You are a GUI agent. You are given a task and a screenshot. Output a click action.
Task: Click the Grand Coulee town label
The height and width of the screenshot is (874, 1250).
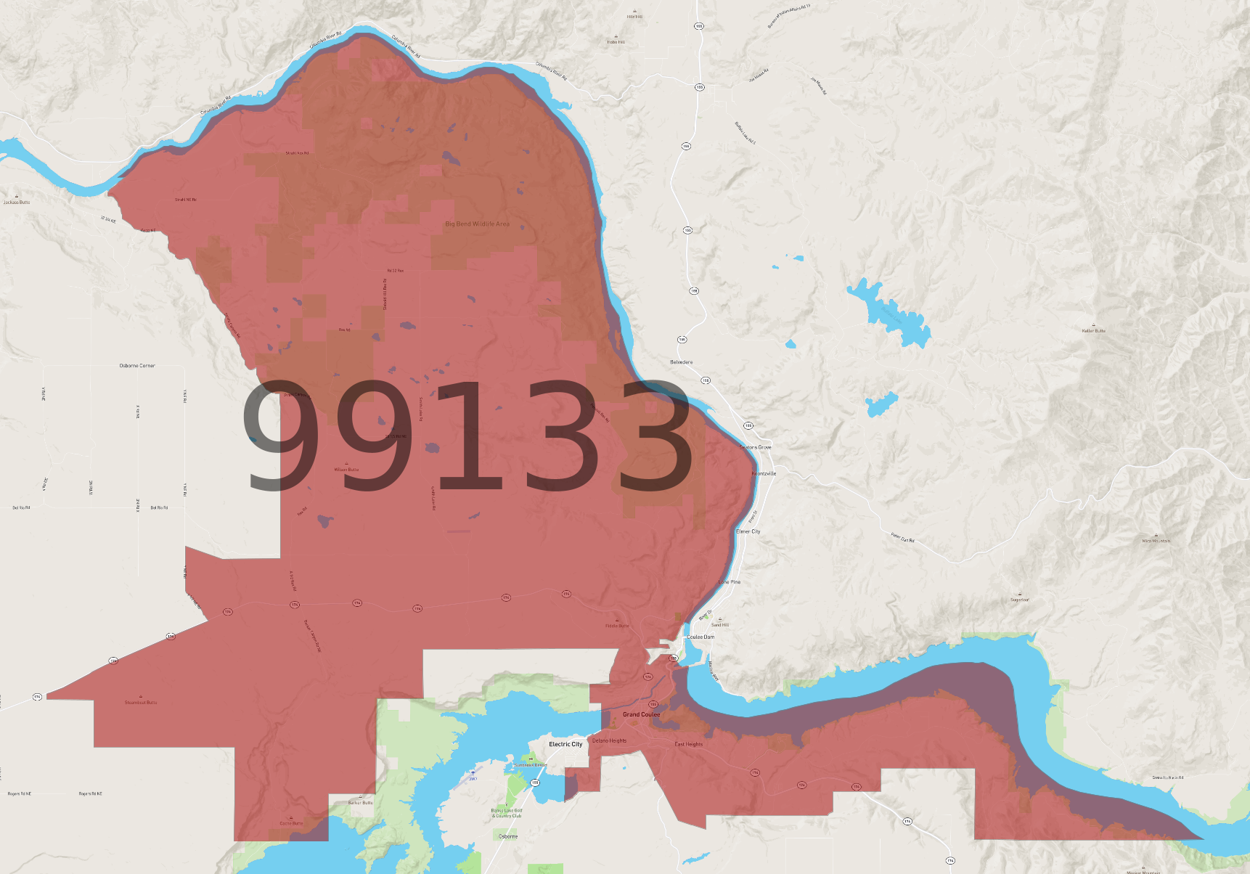point(641,714)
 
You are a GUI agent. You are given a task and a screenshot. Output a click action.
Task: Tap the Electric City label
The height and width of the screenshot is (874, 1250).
point(565,744)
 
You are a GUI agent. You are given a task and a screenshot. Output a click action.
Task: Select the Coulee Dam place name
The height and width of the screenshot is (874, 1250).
point(700,637)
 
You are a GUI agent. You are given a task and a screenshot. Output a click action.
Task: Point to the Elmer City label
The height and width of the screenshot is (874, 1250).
point(748,531)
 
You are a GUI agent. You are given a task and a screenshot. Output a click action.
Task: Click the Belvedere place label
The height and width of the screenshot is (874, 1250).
point(681,362)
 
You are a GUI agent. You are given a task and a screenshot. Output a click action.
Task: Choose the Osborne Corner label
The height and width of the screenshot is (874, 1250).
point(137,366)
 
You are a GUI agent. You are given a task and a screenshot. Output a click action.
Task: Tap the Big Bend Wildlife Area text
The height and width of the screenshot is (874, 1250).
point(477,224)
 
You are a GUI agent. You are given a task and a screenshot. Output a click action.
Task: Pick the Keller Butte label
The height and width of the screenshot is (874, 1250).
point(1093,331)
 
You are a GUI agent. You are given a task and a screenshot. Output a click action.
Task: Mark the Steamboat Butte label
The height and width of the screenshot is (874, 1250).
point(141,703)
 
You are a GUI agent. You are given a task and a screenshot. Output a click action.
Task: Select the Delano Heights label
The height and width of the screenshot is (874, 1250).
point(609,741)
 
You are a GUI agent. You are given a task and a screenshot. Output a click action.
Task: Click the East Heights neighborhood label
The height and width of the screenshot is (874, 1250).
point(688,744)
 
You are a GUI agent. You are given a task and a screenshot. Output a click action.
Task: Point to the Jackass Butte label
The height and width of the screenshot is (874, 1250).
point(17,203)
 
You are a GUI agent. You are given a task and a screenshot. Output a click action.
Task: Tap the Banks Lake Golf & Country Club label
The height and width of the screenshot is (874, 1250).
point(507,813)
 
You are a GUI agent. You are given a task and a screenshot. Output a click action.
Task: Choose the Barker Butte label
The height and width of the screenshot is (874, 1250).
point(360,803)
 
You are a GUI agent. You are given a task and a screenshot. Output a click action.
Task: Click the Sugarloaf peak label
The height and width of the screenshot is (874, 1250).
point(1020,600)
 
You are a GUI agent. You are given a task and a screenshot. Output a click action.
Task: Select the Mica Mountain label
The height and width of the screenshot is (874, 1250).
point(1156,541)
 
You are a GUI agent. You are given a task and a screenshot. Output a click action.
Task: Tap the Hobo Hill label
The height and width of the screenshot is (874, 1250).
point(616,42)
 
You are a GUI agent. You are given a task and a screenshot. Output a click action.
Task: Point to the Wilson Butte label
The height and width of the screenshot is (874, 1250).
point(346,470)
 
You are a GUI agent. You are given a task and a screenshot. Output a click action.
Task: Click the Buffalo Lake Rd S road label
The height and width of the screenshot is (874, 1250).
point(745,133)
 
